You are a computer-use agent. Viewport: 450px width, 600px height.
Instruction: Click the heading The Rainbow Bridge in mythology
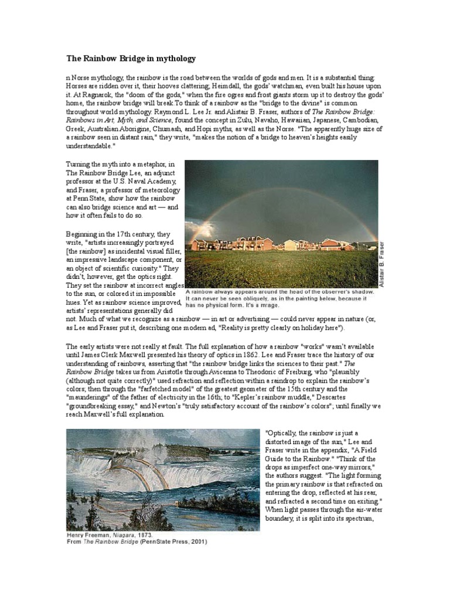(129, 59)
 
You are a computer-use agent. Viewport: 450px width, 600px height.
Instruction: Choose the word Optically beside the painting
(282, 434)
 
